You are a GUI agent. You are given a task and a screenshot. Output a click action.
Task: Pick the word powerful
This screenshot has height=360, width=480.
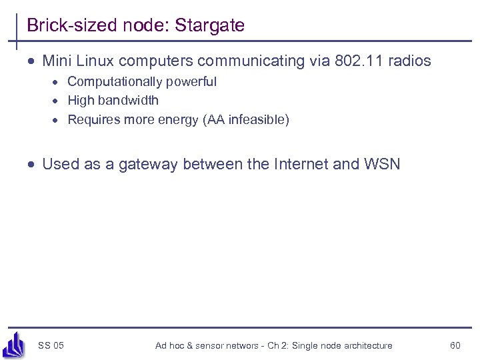(193, 82)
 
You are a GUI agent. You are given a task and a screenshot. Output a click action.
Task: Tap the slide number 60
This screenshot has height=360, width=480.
(455, 345)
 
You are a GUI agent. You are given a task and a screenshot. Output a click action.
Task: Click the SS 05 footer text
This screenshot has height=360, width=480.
(51, 345)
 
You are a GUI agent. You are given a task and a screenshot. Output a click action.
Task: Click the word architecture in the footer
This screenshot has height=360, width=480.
(363, 345)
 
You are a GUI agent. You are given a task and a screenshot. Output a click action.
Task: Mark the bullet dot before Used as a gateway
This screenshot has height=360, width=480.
(32, 164)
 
